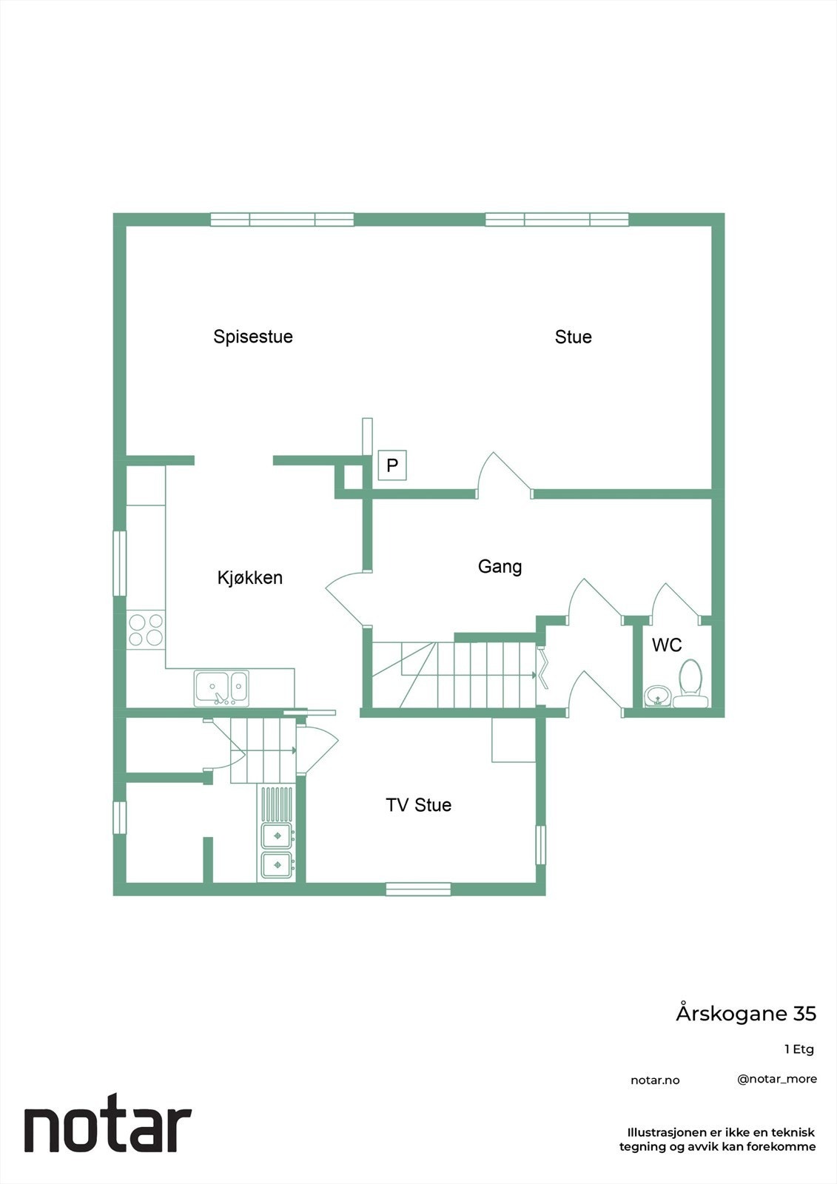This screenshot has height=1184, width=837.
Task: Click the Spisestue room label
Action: (x=253, y=337)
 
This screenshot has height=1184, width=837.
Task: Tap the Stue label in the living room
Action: (x=573, y=337)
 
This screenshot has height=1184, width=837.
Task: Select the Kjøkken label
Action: (x=250, y=578)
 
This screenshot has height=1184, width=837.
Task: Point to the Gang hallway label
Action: (x=500, y=567)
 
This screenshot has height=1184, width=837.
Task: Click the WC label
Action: (x=666, y=645)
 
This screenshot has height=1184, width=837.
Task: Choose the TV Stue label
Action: (x=418, y=805)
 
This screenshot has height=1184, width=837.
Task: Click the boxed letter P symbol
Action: (x=392, y=465)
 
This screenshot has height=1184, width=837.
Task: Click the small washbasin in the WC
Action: (x=657, y=696)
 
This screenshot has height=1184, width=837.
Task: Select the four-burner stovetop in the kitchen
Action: (x=146, y=630)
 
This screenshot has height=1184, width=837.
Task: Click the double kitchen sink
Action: (x=221, y=688)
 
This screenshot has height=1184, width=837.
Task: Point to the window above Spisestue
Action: (x=282, y=219)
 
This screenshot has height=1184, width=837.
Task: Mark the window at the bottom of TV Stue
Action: (x=418, y=889)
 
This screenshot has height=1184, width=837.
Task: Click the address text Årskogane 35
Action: (x=745, y=1014)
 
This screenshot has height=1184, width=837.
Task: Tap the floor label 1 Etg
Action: (x=799, y=1049)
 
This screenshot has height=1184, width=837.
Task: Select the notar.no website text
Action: (x=655, y=1080)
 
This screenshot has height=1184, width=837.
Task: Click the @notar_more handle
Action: (x=777, y=1079)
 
